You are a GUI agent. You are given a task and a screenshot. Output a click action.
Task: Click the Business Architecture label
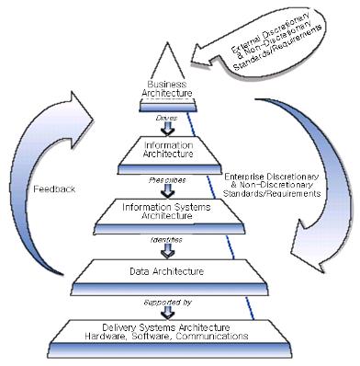point(167,89)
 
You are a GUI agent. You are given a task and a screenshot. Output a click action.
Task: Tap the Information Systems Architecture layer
point(167,211)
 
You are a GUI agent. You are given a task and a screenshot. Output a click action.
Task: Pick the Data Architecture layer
point(167,272)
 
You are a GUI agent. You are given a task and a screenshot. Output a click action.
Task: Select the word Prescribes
point(167,180)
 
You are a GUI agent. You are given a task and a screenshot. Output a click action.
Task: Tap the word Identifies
point(167,239)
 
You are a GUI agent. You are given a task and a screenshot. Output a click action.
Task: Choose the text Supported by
point(167,301)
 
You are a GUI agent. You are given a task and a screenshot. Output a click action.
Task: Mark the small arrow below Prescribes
point(167,190)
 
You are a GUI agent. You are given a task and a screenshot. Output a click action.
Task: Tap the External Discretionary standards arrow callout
point(276,37)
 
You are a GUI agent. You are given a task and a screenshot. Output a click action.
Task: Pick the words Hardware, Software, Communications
point(167,337)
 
